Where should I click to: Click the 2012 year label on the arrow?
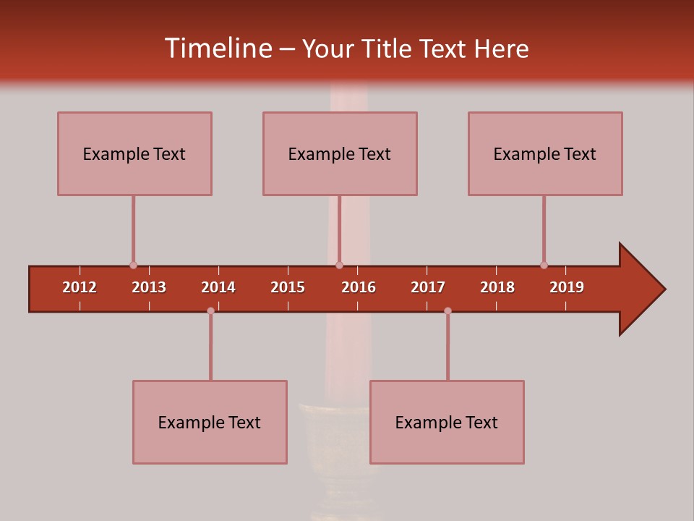pos(80,287)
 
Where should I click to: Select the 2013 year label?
pos(149,287)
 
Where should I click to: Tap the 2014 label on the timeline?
pos(218,287)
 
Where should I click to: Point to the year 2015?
pos(288,287)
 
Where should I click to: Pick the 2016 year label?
pos(359,287)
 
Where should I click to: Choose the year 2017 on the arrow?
pos(428,287)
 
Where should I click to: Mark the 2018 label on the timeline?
pos(497,287)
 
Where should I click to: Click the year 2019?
pos(567,287)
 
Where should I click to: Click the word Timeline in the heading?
pos(217,48)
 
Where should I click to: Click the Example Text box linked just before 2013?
pos(134,153)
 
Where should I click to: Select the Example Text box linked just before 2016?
pos(340,153)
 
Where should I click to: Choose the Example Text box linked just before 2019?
pos(545,153)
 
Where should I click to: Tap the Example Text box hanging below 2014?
pos(210,422)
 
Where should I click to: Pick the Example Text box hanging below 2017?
pos(447,422)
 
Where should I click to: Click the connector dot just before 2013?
pos(133,265)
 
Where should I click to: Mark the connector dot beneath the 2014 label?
pos(210,310)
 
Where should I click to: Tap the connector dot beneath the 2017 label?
pos(447,310)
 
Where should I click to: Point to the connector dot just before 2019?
pos(544,265)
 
